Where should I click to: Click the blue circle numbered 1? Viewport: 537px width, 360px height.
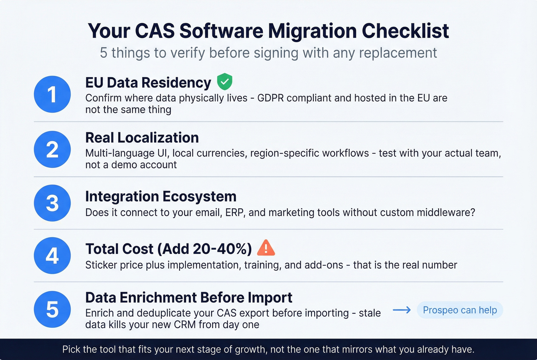click(52, 94)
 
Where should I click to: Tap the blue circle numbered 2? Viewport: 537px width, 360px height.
click(52, 149)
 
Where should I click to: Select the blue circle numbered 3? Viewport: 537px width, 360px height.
click(52, 203)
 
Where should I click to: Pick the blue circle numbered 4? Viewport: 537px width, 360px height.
click(52, 255)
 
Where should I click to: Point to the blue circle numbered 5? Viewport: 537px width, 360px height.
click(52, 309)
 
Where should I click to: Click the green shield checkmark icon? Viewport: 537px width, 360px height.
click(224, 82)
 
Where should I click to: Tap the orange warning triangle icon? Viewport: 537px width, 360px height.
click(266, 248)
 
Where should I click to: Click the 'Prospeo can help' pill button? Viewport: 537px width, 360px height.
click(460, 310)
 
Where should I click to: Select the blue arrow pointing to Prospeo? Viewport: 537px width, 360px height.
click(402, 310)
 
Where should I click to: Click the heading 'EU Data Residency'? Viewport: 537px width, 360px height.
click(148, 83)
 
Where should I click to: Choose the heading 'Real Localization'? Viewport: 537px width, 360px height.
click(142, 138)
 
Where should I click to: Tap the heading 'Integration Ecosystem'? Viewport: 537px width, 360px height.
click(161, 196)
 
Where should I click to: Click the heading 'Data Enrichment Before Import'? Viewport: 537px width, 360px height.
click(189, 298)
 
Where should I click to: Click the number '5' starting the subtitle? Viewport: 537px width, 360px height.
click(104, 53)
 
